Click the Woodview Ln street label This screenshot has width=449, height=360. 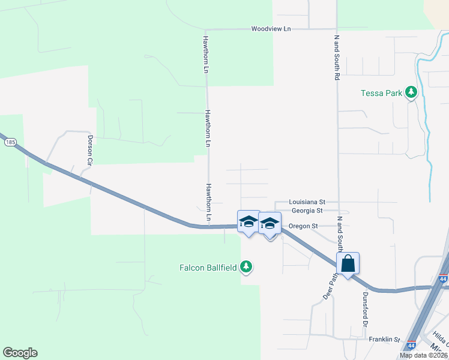[271, 29]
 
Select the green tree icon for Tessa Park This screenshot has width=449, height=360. [411, 92]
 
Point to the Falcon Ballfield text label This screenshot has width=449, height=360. [208, 267]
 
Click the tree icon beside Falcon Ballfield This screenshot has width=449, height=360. [246, 266]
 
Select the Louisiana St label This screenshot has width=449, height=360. [307, 202]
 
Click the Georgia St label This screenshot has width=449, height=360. [307, 211]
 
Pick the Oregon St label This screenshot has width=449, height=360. [303, 226]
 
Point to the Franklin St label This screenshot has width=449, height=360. [384, 340]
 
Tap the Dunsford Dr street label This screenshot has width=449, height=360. [364, 310]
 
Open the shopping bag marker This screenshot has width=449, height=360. [348, 263]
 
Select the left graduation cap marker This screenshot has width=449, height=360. [249, 222]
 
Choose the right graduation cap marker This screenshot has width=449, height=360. [270, 223]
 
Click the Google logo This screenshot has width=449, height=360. [20, 353]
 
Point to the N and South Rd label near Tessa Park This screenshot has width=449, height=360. [337, 58]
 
